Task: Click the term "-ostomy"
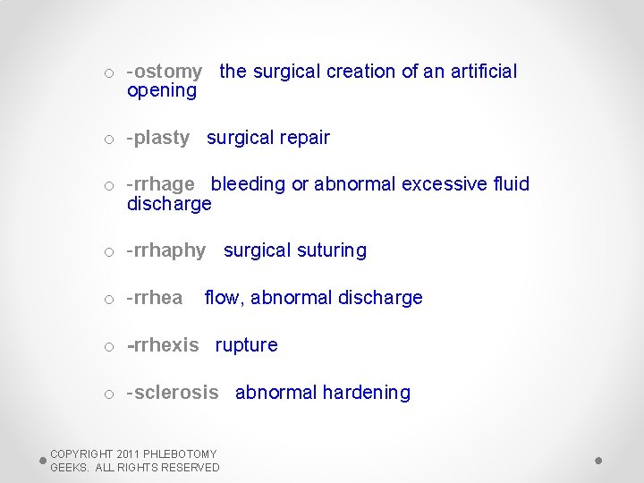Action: pos(165,72)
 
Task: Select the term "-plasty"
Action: pos(158,138)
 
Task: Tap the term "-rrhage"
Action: pos(161,184)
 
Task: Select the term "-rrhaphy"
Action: pos(166,250)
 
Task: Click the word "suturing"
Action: pos(326,250)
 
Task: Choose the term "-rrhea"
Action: pos(155,298)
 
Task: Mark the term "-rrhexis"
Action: pos(163,345)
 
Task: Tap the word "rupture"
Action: pos(246,345)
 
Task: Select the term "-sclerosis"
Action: pos(173,393)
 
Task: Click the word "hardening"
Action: pos(366,393)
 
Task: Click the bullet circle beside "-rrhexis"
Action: pos(108,347)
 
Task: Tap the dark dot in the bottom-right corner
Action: pos(598,461)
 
